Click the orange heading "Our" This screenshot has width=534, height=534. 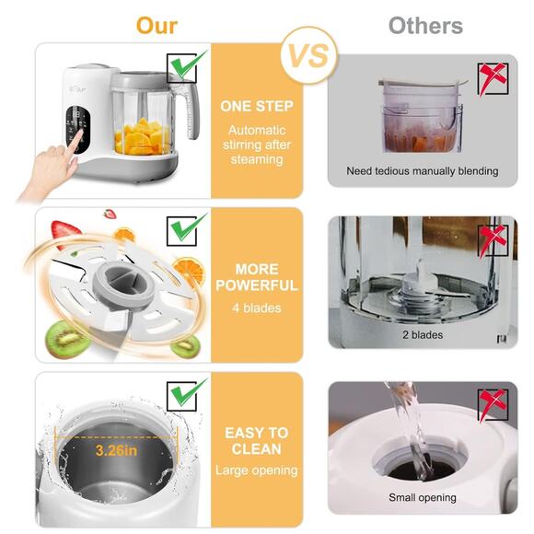coord(157,26)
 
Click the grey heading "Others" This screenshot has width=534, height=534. coord(425,26)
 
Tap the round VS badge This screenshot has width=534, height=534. coord(309,55)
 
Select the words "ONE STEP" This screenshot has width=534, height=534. coord(257,106)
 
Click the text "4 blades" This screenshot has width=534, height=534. coord(257,308)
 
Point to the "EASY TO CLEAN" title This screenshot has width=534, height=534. coord(257,441)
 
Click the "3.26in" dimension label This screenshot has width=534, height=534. coord(116,450)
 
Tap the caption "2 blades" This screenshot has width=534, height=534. coord(423,335)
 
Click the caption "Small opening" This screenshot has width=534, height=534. coord(423,497)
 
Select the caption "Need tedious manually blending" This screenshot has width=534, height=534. coord(423,171)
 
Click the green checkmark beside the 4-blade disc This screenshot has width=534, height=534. coord(187,228)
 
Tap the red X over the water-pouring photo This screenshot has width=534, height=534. coord(493,404)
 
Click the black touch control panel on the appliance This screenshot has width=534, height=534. coord(78,130)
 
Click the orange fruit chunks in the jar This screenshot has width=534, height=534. coord(142,137)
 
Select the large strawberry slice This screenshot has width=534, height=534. coord(65,232)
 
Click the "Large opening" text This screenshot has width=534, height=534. coord(257,470)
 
